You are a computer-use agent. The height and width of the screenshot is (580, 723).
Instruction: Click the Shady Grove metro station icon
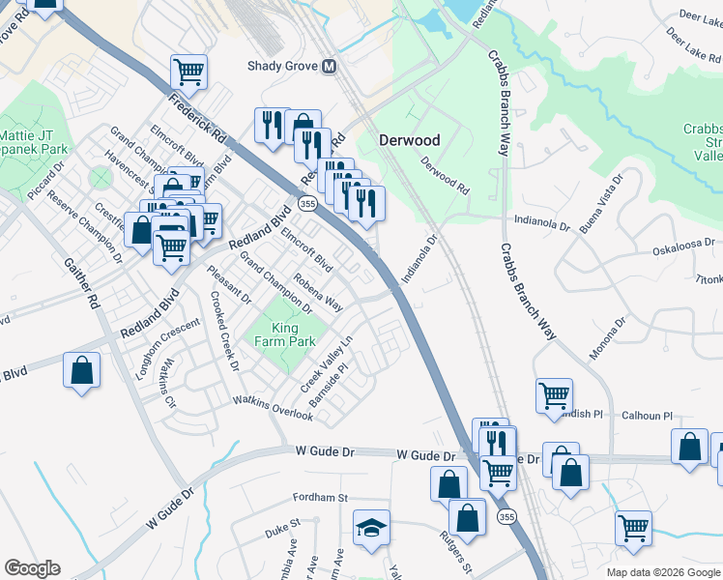pyautogui.click(x=330, y=67)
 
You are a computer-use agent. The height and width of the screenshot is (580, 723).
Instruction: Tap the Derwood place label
pyautogui.click(x=409, y=140)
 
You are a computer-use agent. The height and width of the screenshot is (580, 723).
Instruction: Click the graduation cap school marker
pyautogui.click(x=371, y=528)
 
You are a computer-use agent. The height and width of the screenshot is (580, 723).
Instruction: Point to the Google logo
pyautogui.click(x=32, y=568)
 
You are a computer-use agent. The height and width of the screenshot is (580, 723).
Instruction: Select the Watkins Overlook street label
pyautogui.click(x=273, y=407)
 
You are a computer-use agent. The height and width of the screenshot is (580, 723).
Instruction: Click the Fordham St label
pyautogui.click(x=321, y=498)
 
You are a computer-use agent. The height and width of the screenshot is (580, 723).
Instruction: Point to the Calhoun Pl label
pyautogui.click(x=648, y=416)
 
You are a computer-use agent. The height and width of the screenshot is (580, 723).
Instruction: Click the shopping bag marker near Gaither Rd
pyautogui.click(x=82, y=369)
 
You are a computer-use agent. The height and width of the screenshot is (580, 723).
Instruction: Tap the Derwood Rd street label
pyautogui.click(x=445, y=175)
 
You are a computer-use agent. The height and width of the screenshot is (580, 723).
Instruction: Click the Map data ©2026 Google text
pyautogui.click(x=662, y=572)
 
